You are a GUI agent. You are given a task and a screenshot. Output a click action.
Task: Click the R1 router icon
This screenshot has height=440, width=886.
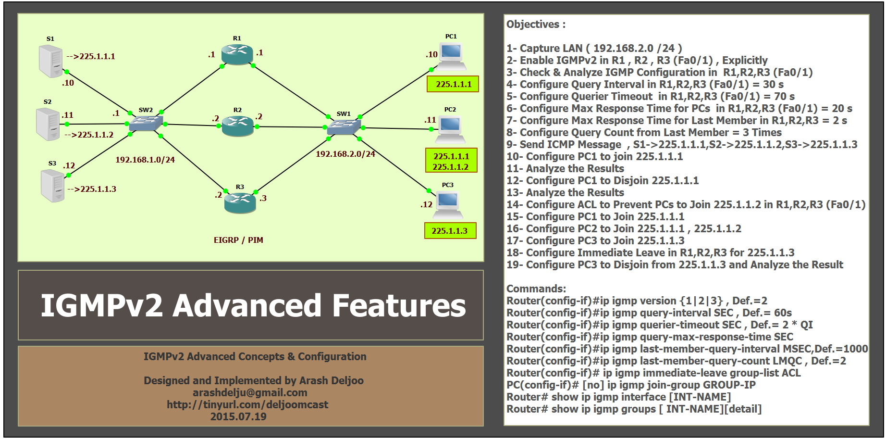click(237, 54)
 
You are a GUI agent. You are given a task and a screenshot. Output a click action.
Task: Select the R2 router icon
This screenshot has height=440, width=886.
click(237, 126)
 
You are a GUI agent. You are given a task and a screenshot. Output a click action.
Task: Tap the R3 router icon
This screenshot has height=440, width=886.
click(240, 202)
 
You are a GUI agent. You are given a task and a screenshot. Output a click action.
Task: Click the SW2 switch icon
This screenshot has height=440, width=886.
click(146, 124)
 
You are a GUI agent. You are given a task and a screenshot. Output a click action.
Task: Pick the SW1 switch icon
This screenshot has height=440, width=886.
click(344, 127)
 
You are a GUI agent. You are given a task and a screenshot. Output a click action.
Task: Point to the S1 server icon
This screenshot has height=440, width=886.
click(51, 61)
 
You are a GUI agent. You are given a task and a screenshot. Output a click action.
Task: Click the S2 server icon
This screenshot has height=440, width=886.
click(48, 124)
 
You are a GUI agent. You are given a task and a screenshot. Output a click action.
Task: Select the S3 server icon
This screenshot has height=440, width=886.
click(53, 186)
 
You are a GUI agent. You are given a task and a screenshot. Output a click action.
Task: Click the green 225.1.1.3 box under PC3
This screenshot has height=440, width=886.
click(450, 231)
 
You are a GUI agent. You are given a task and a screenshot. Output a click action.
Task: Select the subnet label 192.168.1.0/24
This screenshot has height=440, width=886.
click(145, 160)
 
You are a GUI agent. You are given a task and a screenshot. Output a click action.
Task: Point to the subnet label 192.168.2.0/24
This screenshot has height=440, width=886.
click(345, 154)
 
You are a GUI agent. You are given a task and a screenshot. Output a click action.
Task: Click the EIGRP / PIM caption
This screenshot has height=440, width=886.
click(238, 240)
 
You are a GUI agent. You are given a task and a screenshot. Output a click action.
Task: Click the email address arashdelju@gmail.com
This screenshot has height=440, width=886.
click(250, 392)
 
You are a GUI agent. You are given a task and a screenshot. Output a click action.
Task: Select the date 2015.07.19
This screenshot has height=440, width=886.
click(238, 416)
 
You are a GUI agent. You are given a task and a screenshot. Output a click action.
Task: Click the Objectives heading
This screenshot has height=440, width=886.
click(536, 24)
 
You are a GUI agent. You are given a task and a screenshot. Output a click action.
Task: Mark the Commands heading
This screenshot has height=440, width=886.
click(536, 289)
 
